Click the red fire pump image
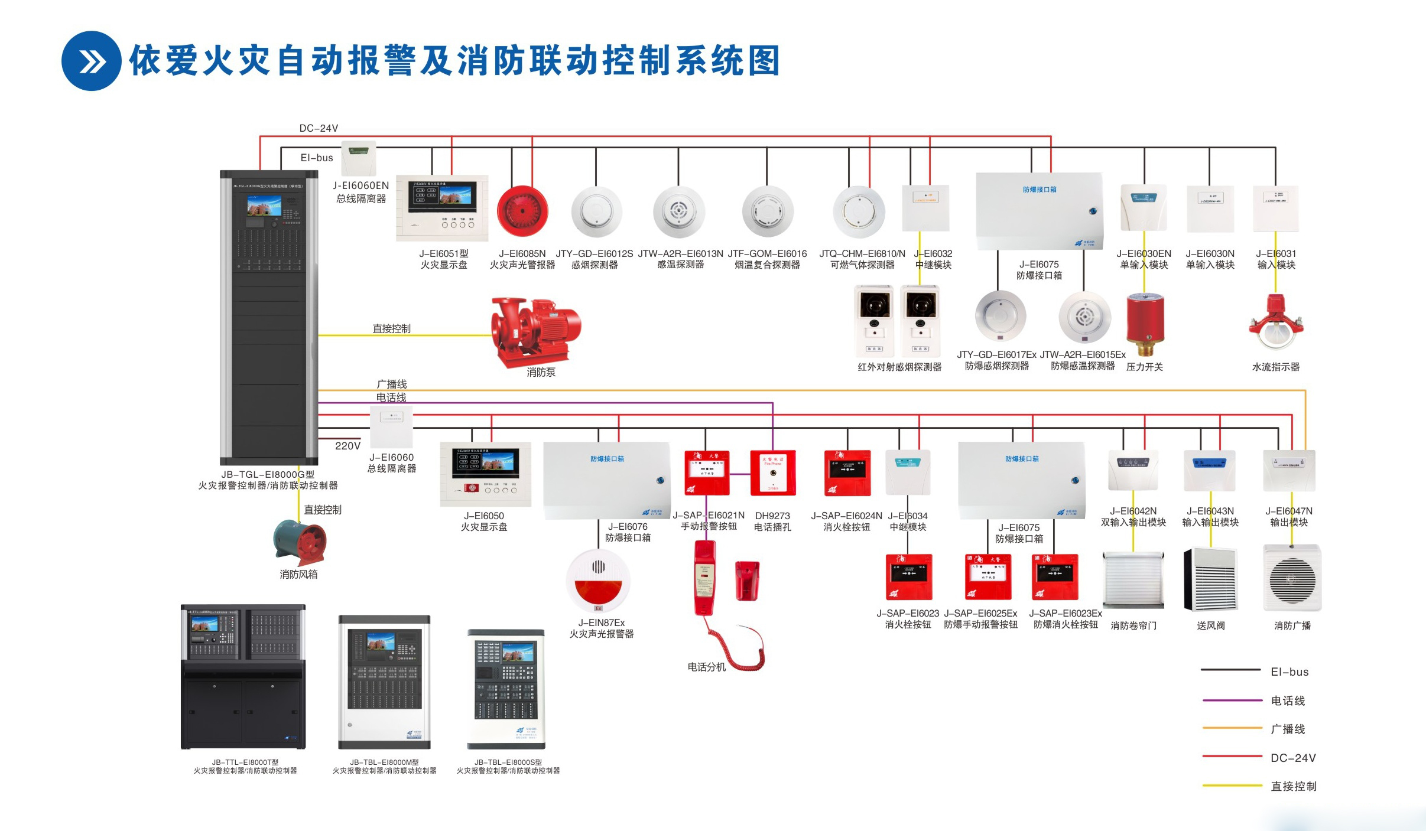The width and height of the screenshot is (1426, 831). (x=535, y=331)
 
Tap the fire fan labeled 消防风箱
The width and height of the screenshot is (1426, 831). (x=300, y=542)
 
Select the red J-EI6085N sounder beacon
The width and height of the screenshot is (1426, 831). (x=522, y=211)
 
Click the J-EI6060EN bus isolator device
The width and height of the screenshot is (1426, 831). (x=359, y=158)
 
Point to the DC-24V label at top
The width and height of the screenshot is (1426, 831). (x=319, y=128)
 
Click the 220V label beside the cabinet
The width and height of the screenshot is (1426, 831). (x=347, y=446)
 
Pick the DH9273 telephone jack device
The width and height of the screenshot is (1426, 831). (x=772, y=472)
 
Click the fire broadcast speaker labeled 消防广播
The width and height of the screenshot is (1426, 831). (x=1292, y=578)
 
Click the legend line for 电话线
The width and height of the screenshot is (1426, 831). (x=1232, y=700)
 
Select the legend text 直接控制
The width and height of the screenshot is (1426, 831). (x=1293, y=786)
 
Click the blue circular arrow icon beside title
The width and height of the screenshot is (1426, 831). (x=92, y=61)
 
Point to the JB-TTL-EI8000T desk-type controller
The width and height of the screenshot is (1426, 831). (x=243, y=676)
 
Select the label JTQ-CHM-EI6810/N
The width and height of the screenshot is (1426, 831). (x=862, y=253)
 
